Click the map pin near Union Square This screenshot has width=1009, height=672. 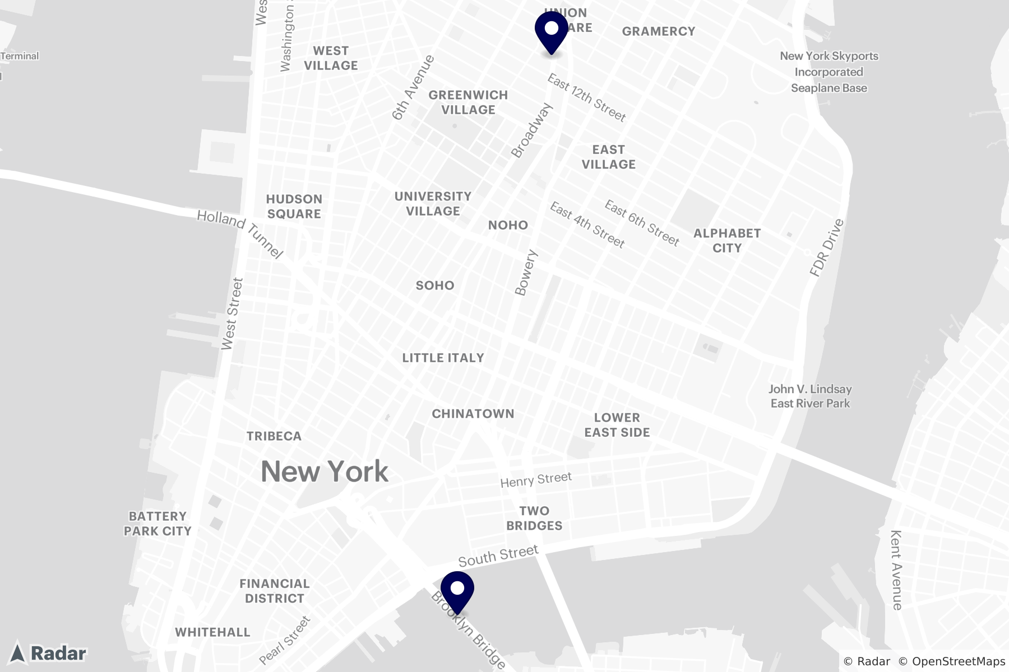pyautogui.click(x=552, y=31)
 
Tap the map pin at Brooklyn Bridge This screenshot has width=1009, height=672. pyautogui.click(x=457, y=591)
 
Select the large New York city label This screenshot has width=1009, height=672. pyautogui.click(x=325, y=472)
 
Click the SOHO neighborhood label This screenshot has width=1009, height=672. pyautogui.click(x=435, y=286)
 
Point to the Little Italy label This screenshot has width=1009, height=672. pyautogui.click(x=443, y=358)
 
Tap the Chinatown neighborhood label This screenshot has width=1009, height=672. pyautogui.click(x=473, y=414)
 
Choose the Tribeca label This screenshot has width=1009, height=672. pyautogui.click(x=274, y=436)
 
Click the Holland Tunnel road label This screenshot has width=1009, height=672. pyautogui.click(x=240, y=234)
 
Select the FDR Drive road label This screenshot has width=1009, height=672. pyautogui.click(x=827, y=248)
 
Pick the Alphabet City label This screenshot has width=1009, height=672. pyautogui.click(x=727, y=241)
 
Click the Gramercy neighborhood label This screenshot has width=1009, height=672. pyautogui.click(x=659, y=31)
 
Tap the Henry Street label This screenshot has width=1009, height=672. pyautogui.click(x=536, y=479)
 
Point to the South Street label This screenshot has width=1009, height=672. pyautogui.click(x=498, y=555)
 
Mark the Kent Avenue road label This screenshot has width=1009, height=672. pyautogui.click(x=896, y=570)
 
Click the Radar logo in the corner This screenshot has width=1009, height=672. pyautogui.click(x=49, y=653)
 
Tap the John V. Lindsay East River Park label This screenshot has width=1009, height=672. pyautogui.click(x=810, y=396)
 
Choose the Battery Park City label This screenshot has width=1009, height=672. pyautogui.click(x=158, y=524)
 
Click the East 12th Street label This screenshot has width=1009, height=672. pyautogui.click(x=586, y=98)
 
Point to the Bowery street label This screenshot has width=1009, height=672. pyautogui.click(x=526, y=273)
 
